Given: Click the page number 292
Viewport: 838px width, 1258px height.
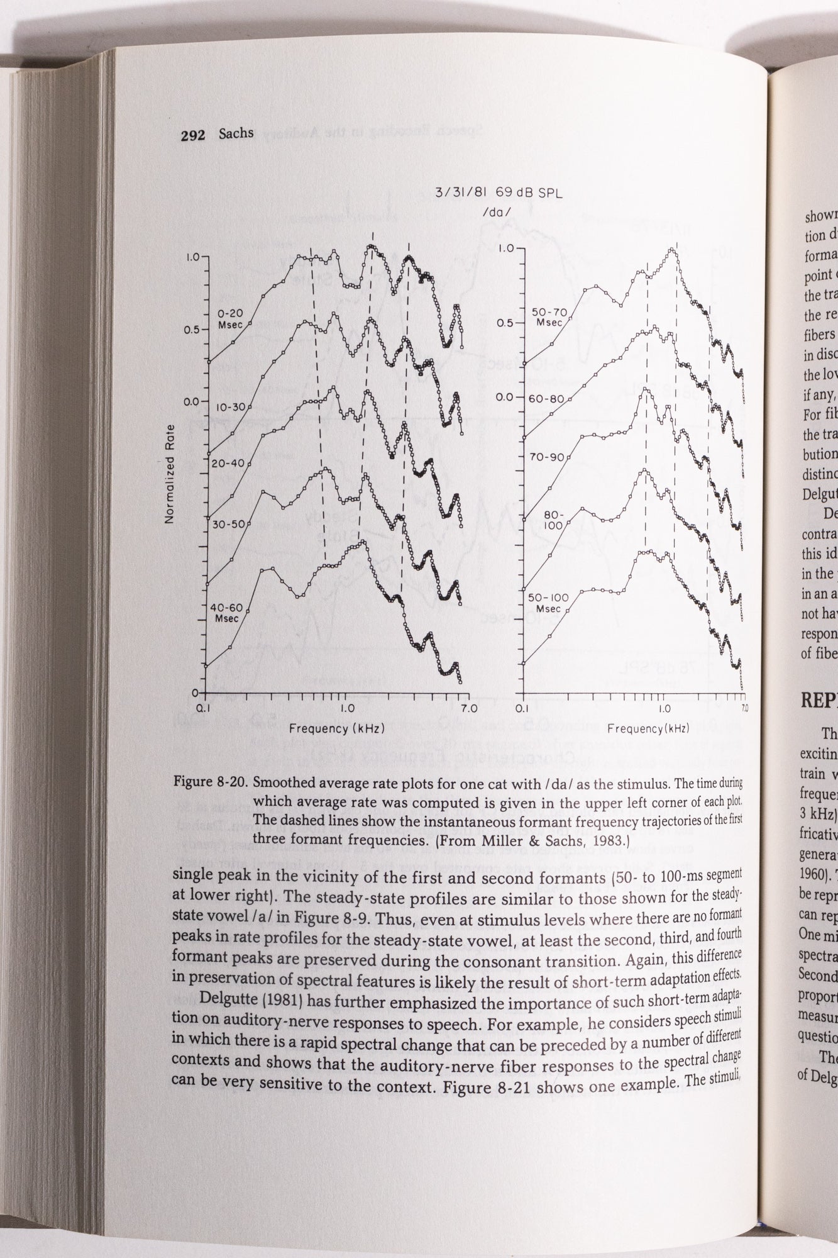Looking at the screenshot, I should (x=192, y=135).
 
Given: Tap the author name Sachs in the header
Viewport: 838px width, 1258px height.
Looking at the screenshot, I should (x=236, y=134).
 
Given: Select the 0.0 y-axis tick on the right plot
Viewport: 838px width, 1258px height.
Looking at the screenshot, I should (x=505, y=398).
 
